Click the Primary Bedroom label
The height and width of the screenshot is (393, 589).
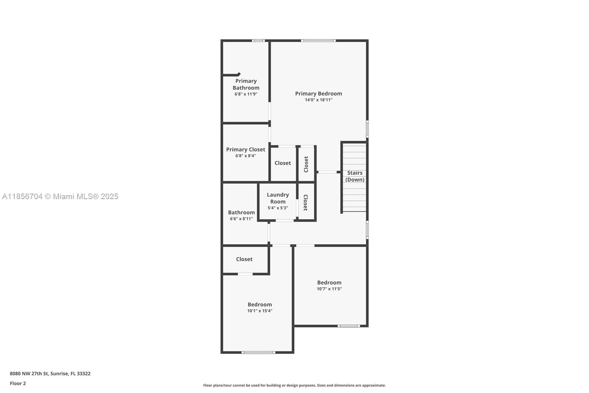(x=318, y=94)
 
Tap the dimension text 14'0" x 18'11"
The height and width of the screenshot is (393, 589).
(x=318, y=100)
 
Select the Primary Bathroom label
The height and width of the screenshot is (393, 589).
(x=246, y=84)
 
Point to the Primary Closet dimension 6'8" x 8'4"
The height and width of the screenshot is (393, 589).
(x=246, y=156)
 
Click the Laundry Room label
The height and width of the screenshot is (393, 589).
(x=278, y=198)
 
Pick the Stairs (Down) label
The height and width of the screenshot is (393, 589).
(x=355, y=176)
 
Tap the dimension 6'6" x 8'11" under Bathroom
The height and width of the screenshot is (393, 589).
(x=241, y=219)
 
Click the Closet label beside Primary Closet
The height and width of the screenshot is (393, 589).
(x=283, y=163)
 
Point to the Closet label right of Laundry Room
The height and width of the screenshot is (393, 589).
(x=306, y=202)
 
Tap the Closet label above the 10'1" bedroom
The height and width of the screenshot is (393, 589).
(x=244, y=259)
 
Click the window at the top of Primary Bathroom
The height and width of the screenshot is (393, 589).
(x=258, y=41)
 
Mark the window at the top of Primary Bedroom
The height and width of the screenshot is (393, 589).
(x=318, y=41)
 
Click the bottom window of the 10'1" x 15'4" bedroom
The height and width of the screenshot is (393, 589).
(x=258, y=352)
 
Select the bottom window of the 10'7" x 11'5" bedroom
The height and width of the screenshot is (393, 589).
(x=349, y=326)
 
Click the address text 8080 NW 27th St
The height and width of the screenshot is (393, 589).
(x=29, y=373)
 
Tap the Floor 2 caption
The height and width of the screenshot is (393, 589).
(x=18, y=383)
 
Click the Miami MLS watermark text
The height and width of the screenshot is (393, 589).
(x=60, y=196)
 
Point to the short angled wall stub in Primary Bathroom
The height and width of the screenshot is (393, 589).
(x=232, y=75)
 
